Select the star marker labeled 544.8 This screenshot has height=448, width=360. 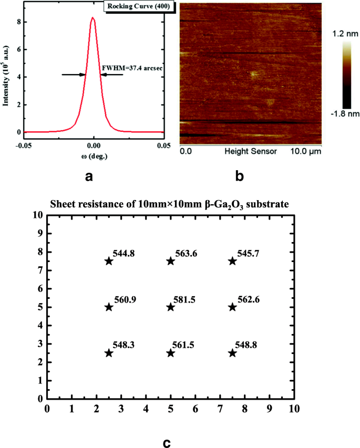pos(109,261)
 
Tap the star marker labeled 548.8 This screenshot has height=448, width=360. pos(232,353)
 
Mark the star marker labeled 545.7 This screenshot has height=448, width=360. pos(232,261)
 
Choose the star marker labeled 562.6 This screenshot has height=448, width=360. pos(232,307)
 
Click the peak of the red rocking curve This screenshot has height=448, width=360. pos(93,18)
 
